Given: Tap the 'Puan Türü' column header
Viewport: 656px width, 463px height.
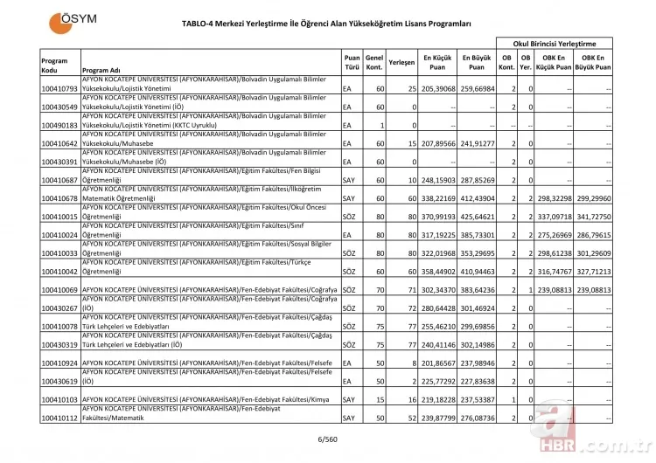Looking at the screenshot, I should click(x=352, y=64).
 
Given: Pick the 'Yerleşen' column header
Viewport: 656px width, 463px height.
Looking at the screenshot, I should click(x=401, y=64).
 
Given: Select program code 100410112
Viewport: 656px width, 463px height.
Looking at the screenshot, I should click(x=59, y=418).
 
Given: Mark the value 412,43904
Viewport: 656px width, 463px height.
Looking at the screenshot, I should click(x=478, y=197).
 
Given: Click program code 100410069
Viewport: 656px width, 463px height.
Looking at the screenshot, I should click(x=59, y=289).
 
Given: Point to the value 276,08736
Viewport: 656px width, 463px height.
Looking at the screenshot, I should click(x=478, y=418).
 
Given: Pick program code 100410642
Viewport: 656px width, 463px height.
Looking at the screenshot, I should click(x=59, y=143).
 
